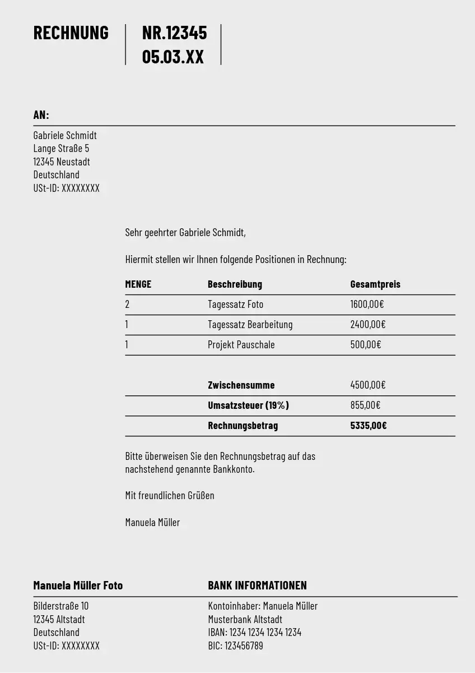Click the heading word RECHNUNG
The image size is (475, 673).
(71, 33)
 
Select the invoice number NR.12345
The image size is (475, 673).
(174, 33)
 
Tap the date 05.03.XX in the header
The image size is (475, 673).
(173, 57)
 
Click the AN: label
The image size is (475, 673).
(41, 115)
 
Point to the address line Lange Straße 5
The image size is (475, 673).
(61, 149)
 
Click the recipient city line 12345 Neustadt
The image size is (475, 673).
(62, 162)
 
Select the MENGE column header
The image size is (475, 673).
(138, 284)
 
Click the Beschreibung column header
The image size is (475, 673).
(235, 284)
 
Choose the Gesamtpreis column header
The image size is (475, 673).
(375, 284)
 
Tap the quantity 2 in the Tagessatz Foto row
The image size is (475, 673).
(127, 305)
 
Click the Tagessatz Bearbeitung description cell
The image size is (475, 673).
(250, 325)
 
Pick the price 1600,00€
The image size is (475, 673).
(367, 305)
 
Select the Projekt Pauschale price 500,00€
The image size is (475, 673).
(365, 345)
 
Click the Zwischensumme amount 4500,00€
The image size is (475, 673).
(367, 385)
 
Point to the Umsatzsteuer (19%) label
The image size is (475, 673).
(248, 405)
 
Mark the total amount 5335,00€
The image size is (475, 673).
(368, 426)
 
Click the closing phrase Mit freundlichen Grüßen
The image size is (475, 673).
(169, 496)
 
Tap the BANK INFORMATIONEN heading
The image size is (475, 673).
(257, 586)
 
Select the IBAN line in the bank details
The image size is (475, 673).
(254, 633)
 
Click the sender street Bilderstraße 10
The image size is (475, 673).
(60, 606)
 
